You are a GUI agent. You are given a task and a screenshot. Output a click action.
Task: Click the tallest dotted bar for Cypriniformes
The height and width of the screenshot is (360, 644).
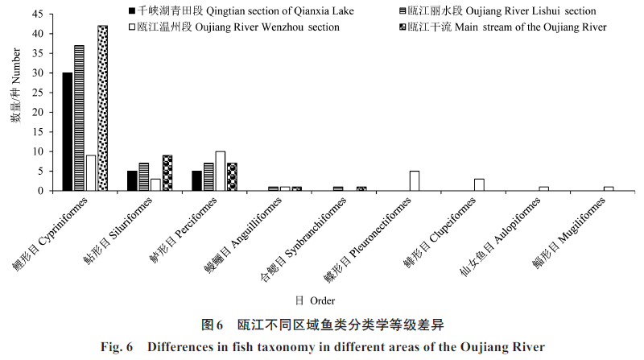[102, 108]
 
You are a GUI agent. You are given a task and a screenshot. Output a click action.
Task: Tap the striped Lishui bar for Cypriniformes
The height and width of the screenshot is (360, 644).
[79, 118]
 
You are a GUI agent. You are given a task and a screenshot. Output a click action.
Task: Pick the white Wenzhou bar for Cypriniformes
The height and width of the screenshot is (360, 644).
[91, 173]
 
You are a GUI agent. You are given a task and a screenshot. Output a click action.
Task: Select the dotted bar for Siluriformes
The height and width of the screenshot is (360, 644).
[167, 173]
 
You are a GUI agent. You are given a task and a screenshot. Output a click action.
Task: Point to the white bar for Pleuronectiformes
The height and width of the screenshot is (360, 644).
[414, 181]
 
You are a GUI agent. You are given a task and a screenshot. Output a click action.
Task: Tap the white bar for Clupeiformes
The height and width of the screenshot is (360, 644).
[479, 184]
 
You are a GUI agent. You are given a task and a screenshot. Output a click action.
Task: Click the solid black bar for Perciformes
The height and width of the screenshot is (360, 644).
[196, 181]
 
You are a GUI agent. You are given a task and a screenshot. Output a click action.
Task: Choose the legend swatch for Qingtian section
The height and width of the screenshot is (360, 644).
[132, 10]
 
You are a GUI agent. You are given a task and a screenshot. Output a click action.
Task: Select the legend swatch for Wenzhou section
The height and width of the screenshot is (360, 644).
[132, 27]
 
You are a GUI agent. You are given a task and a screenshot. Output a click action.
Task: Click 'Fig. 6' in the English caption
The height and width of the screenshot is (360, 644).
[119, 347]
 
